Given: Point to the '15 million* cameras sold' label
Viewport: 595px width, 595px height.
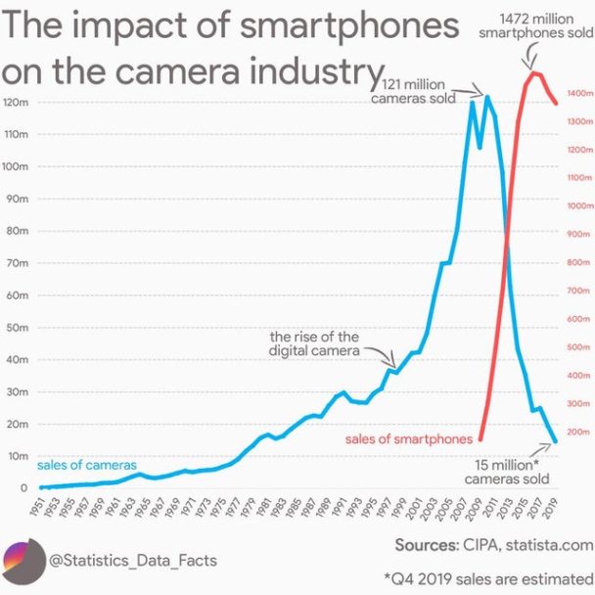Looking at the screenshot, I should click(506, 472).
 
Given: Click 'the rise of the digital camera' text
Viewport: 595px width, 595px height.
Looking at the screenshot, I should click(314, 343).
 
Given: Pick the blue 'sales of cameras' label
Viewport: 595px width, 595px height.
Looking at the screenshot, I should click(86, 464).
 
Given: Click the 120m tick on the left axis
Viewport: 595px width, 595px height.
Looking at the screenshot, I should click(16, 103).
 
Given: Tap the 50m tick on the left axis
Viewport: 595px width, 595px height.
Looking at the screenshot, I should click(16, 328).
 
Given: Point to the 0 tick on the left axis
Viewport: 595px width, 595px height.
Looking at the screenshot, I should click(20, 488).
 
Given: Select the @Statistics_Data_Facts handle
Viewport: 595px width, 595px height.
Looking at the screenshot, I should click(133, 561).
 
